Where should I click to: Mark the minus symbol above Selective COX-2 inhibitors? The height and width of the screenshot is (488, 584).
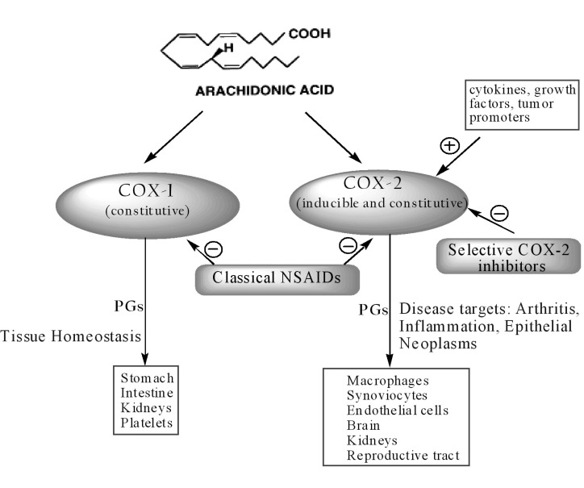click(x=499, y=213)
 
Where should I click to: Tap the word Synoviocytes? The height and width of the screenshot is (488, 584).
click(x=386, y=395)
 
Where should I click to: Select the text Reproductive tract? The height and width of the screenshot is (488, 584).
click(x=403, y=457)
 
